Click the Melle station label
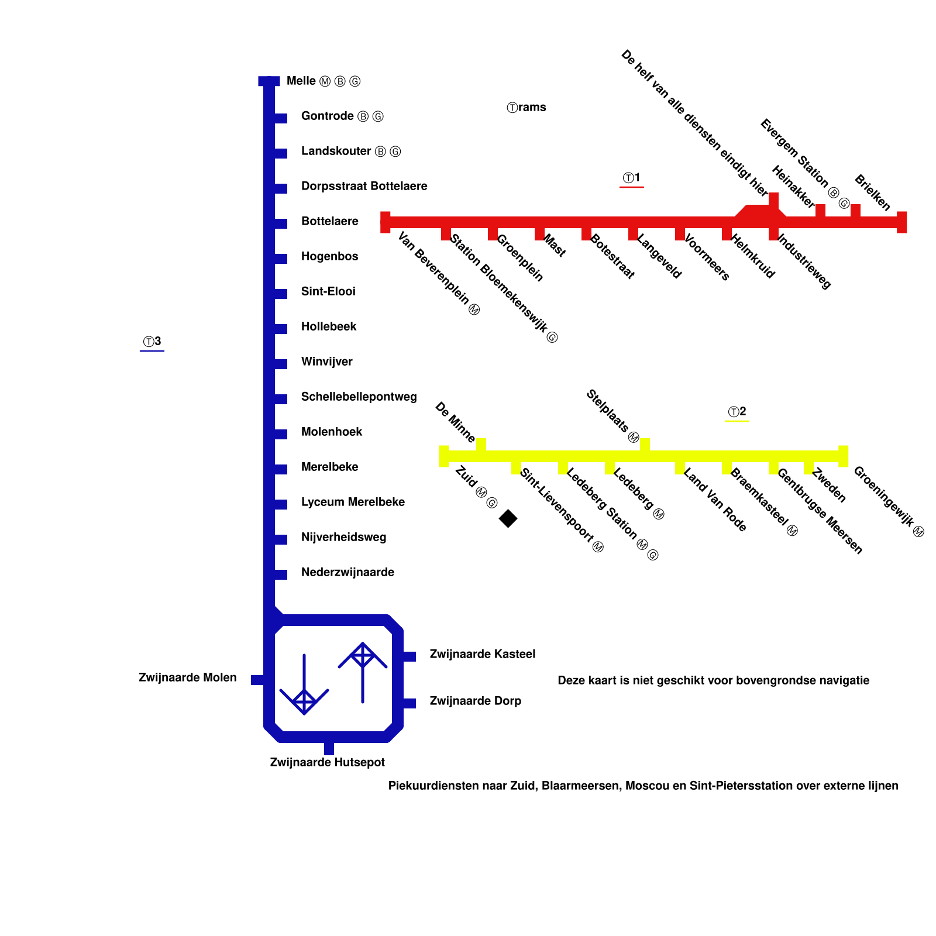[323, 81]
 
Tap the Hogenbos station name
[329, 256]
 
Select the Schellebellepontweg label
[359, 397]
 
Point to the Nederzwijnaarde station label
[347, 572]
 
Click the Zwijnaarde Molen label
[188, 677]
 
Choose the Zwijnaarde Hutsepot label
[328, 762]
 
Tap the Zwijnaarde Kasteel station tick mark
[409, 656]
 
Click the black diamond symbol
[508, 518]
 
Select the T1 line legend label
[632, 178]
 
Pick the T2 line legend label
[737, 412]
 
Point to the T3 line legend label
[152, 342]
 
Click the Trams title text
[526, 107]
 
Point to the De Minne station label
[455, 422]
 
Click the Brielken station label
[872, 192]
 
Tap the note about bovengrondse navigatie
[713, 680]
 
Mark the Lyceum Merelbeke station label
[353, 502]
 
